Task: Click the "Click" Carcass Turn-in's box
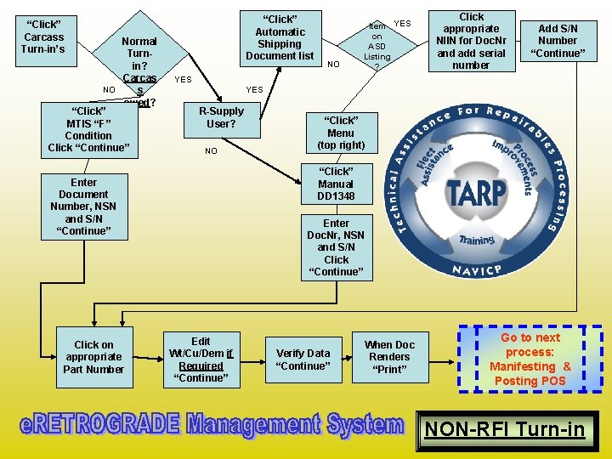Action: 44,37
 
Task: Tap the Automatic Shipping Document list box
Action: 280,37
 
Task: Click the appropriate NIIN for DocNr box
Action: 471,41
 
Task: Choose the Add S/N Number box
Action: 558,41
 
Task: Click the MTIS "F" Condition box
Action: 88,130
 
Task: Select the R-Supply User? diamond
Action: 221,118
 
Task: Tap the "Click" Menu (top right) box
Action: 340,133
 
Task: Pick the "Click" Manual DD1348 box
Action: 336,184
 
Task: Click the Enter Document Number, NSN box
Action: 83,207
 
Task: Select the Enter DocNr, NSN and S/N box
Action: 336,247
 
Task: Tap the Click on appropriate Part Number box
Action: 93,357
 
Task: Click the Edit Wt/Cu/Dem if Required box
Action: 201,360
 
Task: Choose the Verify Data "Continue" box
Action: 303,360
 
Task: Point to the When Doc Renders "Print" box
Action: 390,357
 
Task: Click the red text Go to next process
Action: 530,359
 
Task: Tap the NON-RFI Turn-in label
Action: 505,429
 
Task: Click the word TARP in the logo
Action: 477,192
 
